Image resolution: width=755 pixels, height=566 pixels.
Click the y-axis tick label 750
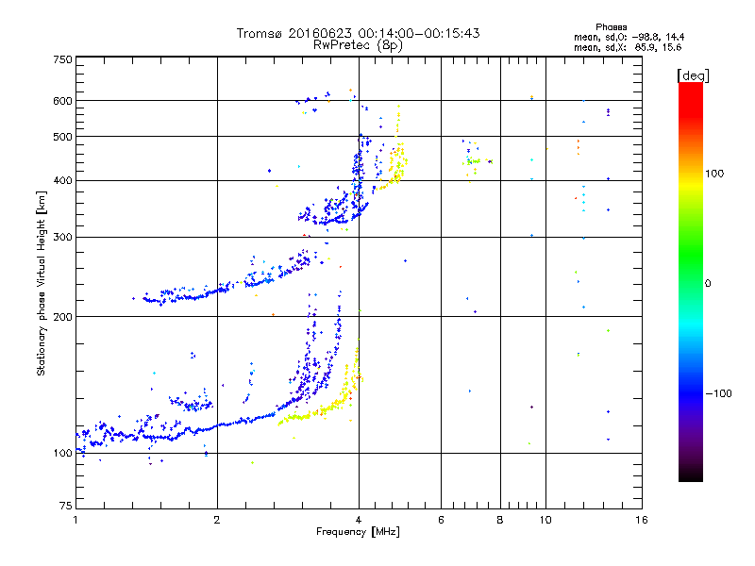click(62, 59)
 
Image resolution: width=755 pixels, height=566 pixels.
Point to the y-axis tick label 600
click(62, 100)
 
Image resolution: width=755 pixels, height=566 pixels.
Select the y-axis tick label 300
click(62, 237)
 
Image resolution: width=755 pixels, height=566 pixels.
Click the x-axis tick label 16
click(641, 520)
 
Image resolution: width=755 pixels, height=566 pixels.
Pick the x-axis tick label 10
click(545, 520)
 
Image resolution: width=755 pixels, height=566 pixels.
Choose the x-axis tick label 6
click(441, 520)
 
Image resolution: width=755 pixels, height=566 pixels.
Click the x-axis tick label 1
click(75, 520)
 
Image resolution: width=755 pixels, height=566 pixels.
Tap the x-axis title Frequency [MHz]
click(358, 533)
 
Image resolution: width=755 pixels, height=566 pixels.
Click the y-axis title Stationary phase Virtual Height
click(42, 283)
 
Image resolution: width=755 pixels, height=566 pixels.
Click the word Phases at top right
click(612, 26)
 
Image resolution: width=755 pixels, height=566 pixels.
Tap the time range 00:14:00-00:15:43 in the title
click(419, 33)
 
